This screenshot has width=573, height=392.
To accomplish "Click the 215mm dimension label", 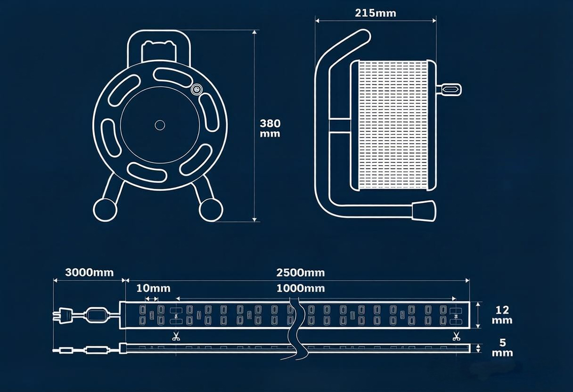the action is (375, 13).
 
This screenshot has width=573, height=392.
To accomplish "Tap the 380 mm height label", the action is (270, 128).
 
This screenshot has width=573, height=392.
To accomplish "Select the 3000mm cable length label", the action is (89, 273).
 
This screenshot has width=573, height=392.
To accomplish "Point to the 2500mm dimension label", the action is (300, 273).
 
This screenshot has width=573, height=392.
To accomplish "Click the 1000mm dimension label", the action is (300, 288).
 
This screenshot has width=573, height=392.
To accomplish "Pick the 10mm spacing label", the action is (153, 288).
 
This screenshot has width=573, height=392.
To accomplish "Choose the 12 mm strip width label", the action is (502, 315).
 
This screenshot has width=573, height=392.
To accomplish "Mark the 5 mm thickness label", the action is (502, 348).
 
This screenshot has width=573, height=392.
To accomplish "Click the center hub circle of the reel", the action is (160, 125).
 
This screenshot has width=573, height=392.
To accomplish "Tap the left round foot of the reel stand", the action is (105, 210).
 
